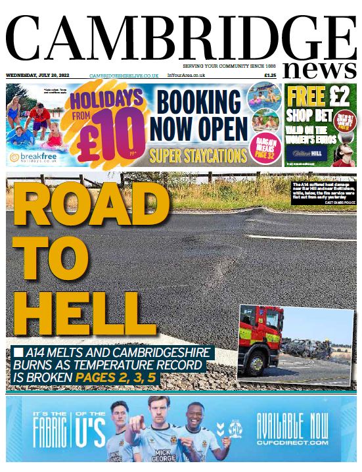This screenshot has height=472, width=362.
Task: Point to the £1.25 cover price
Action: (270, 76)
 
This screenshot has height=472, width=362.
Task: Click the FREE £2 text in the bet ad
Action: (319, 97)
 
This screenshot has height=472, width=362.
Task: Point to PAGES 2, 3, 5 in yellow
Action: (116, 379)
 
